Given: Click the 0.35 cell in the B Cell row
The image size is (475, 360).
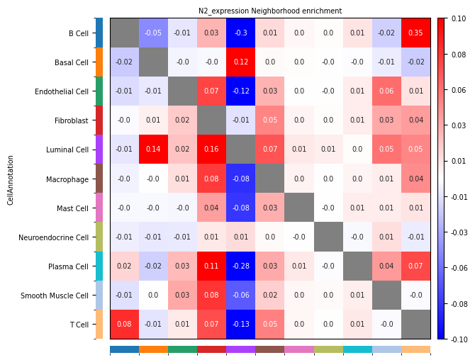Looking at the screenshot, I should click(415, 33).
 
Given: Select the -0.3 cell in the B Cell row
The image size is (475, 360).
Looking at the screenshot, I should click(241, 33).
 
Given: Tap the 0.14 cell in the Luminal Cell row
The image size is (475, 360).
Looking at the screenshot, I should click(154, 149).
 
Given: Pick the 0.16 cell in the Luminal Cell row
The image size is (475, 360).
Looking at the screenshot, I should click(212, 149).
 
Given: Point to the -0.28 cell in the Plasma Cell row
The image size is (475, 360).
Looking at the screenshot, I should click(241, 266).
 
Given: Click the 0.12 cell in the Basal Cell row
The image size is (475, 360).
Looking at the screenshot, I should click(241, 62).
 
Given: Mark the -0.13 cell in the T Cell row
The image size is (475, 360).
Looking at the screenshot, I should click(241, 324).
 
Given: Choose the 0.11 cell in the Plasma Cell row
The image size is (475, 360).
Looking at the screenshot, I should click(212, 266).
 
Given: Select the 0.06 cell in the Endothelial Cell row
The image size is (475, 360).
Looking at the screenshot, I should click(386, 91).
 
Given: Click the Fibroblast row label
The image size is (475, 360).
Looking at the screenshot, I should click(72, 120).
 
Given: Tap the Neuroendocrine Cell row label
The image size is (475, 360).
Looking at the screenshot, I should click(55, 237).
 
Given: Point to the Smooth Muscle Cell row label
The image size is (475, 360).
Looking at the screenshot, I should click(55, 295).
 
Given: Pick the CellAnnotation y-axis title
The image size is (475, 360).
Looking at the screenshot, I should click(11, 179).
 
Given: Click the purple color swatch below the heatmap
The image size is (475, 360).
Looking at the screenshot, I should click(241, 349).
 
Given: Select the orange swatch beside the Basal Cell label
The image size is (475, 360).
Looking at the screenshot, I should click(99, 62).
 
